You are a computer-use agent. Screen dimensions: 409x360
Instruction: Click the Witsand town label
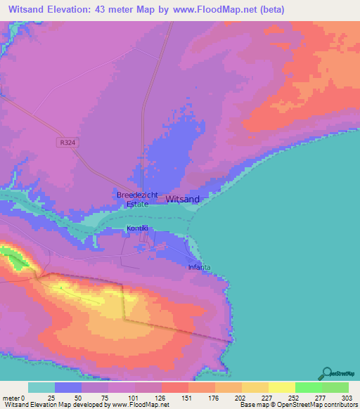click(183, 199)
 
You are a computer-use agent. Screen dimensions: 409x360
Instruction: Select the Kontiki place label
click(137, 228)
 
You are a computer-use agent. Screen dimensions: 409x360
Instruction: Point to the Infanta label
click(199, 267)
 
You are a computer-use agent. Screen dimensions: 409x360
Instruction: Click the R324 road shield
click(65, 142)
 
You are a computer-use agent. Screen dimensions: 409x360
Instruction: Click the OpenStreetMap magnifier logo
click(328, 374)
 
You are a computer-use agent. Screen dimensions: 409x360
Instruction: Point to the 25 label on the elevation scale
click(51, 397)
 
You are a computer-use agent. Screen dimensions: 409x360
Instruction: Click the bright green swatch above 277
click(308, 387)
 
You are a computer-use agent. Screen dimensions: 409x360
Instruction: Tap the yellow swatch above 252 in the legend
click(281, 387)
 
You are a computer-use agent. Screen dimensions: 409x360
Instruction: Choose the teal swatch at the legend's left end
click(41, 387)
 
